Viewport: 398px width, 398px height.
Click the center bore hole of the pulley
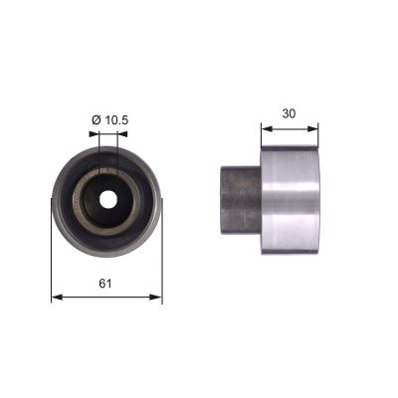[105, 197]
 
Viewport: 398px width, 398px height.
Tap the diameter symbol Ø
[97, 121]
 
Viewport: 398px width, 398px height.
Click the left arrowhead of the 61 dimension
[54, 296]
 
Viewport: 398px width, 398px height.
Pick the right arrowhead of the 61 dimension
[157, 296]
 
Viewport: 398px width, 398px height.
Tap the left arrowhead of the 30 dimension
[265, 127]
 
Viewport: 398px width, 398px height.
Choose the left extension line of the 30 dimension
[261, 137]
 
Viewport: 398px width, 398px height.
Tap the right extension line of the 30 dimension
[318, 137]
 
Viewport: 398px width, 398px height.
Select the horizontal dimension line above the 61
[105, 296]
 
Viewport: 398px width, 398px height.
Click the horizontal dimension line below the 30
[290, 127]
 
